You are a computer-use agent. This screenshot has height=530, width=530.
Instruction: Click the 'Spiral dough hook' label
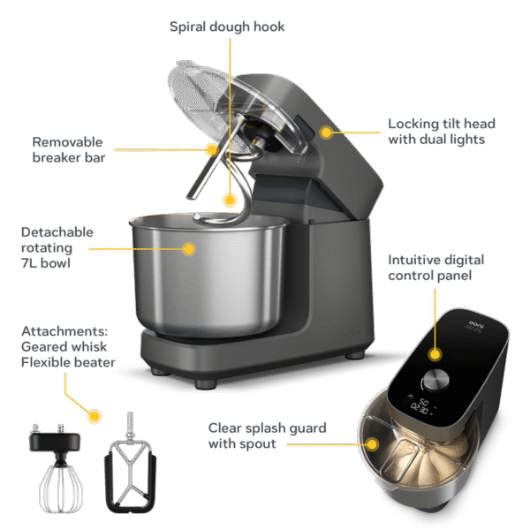pos(228,26)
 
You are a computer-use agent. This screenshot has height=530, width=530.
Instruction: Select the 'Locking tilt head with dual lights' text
pos(436,132)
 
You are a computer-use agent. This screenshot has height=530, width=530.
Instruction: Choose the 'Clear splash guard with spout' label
pos(267,435)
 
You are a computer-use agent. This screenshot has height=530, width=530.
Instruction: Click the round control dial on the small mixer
pos(433,381)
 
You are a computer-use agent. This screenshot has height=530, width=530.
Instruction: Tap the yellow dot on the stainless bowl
pos(188,249)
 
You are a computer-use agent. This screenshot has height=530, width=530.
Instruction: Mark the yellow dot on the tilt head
pos(326,132)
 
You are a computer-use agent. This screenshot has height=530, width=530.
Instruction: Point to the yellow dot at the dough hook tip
pos(230,201)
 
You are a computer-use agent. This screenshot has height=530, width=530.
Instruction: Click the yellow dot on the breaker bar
pos(211,150)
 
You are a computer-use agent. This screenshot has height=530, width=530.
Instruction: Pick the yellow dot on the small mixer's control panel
pos(435,354)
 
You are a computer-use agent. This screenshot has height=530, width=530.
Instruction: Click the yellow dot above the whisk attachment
pos(95,413)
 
